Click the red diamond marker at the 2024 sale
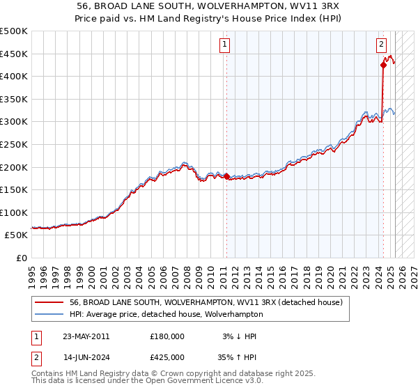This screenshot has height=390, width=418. pyautogui.click(x=383, y=65)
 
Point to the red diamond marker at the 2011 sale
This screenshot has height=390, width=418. pyautogui.click(x=226, y=176)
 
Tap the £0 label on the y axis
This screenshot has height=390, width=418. pyautogui.click(x=22, y=258)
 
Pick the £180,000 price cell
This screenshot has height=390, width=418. pyautogui.click(x=167, y=336)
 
